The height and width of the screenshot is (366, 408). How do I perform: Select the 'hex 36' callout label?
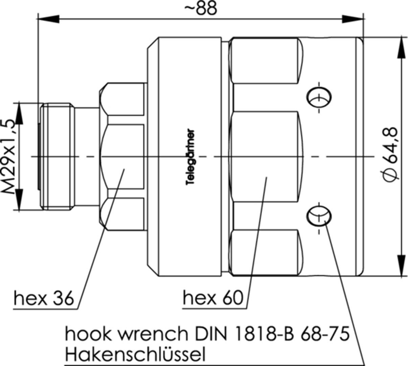pos(43,298)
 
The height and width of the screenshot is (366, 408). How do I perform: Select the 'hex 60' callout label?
pos(213,298)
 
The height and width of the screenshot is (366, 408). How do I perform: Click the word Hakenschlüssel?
pos(135,355)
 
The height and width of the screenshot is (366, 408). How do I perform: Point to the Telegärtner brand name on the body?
pos(191,157)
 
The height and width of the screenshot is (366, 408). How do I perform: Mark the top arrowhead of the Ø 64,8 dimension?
pos(402,47)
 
